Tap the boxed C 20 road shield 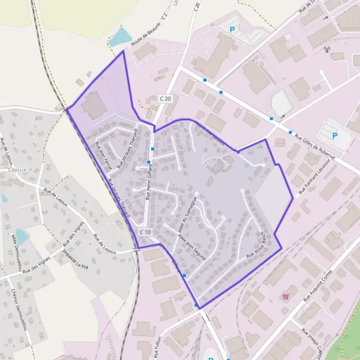point(166,98)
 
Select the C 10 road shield point(145,232)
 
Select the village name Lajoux point(18,170)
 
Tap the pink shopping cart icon point(285,295)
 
